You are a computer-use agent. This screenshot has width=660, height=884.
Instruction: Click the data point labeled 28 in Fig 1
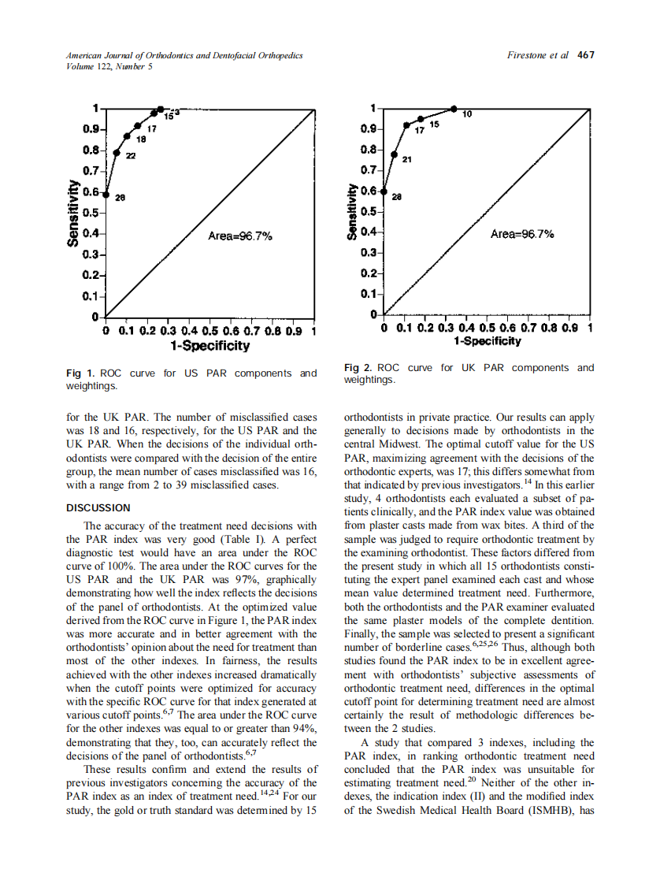click(x=106, y=194)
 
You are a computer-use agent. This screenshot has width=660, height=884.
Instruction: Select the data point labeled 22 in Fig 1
click(x=117, y=153)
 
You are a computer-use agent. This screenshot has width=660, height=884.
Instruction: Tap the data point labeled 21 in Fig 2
click(x=395, y=155)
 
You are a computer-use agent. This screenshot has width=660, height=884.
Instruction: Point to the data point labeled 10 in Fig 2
click(x=454, y=109)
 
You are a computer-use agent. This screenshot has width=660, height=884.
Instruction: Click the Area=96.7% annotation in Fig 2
click(x=521, y=234)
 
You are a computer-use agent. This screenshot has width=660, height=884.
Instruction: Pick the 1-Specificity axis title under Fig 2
click(x=487, y=341)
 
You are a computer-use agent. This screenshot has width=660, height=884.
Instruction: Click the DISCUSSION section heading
click(x=98, y=507)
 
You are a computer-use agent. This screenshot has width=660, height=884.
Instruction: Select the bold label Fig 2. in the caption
click(x=359, y=368)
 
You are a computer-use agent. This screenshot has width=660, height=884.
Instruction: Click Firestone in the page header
click(x=530, y=55)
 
